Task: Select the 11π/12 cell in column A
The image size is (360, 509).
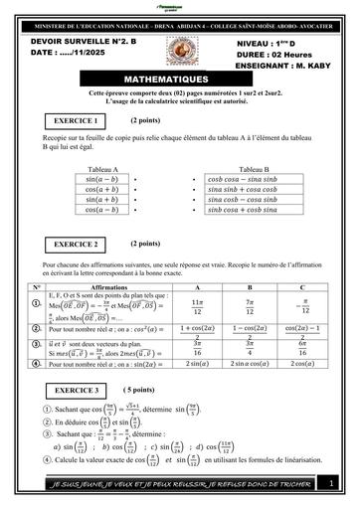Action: tap(196, 305)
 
